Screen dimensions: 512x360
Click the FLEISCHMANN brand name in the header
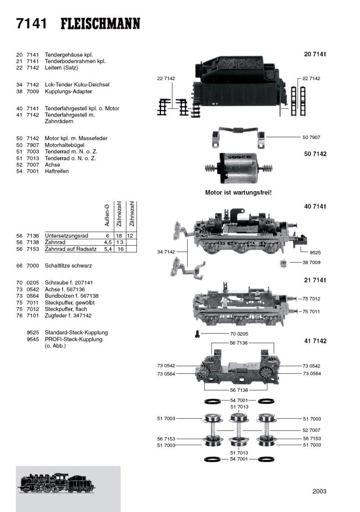100,23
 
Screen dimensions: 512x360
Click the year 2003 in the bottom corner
319,491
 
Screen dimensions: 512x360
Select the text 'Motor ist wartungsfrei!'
238,192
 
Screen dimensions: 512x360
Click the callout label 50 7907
311,137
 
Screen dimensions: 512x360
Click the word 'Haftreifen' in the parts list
57,171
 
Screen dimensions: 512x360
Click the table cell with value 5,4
107,249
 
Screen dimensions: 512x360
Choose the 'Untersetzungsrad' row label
66,236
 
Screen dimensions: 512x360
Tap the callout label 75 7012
311,299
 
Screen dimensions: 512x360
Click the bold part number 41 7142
315,341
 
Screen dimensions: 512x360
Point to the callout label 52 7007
311,430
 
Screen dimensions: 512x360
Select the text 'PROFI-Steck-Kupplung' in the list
73,339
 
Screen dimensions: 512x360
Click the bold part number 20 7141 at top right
315,54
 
